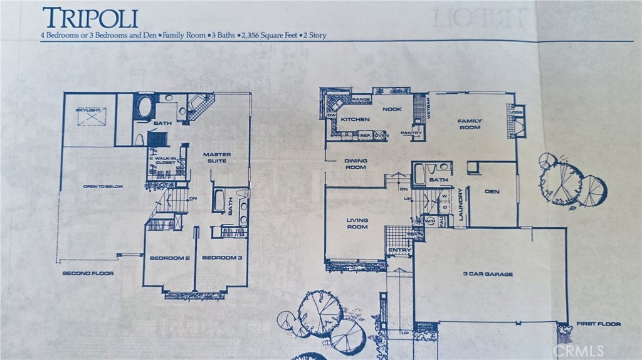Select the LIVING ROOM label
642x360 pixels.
click(x=357, y=224)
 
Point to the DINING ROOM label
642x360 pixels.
click(x=355, y=164)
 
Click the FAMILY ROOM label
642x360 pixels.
click(x=469, y=124)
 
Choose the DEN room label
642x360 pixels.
click(x=492, y=191)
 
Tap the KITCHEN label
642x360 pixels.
click(x=355, y=119)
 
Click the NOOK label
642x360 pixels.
click(x=392, y=109)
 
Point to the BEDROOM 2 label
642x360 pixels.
click(x=169, y=258)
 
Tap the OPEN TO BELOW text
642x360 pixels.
click(x=103, y=187)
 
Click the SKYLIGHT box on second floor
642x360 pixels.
click(x=91, y=116)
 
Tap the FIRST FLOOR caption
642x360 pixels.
click(x=598, y=324)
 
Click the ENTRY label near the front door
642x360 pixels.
click(x=399, y=251)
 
